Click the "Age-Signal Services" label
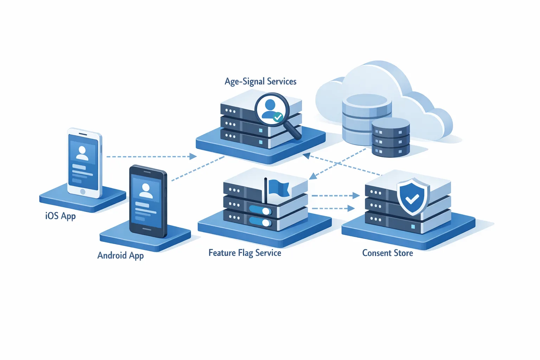pyautogui.click(x=261, y=82)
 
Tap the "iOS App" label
pyautogui.click(x=60, y=216)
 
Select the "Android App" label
pyautogui.click(x=120, y=255)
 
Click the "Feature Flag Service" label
pyautogui.click(x=245, y=253)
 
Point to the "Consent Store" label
pyautogui.click(x=387, y=253)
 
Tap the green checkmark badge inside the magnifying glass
pyautogui.click(x=278, y=117)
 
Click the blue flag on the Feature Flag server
pyautogui.click(x=278, y=188)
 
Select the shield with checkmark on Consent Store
pyautogui.click(x=413, y=197)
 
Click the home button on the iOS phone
pyautogui.click(x=83, y=192)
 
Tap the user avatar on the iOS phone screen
pyautogui.click(x=82, y=153)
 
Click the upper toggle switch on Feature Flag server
pyautogui.click(x=260, y=211)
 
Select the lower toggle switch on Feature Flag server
pyautogui.click(x=260, y=222)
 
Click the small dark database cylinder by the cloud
pyautogui.click(x=391, y=138)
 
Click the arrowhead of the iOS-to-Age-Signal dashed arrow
pyautogui.click(x=193, y=156)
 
